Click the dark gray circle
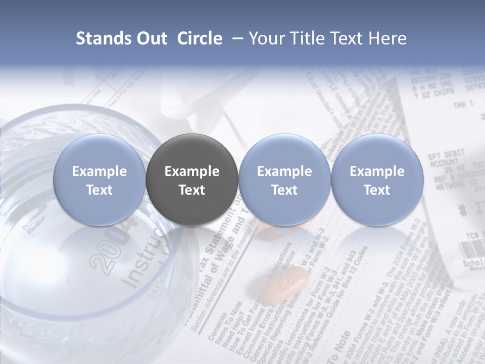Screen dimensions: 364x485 click(x=192, y=180)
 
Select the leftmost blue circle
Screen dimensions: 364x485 click(x=100, y=180)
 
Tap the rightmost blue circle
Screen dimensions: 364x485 click(x=377, y=180)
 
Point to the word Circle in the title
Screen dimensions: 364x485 click(x=200, y=38)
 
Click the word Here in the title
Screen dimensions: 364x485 click(x=386, y=38)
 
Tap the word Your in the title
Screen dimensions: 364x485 click(x=266, y=38)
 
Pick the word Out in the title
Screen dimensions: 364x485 click(x=150, y=38)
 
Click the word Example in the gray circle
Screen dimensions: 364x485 click(x=192, y=171)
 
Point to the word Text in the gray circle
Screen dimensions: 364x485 click(x=192, y=190)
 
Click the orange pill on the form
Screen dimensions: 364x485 click(x=286, y=285)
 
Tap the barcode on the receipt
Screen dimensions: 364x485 click(x=471, y=249)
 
